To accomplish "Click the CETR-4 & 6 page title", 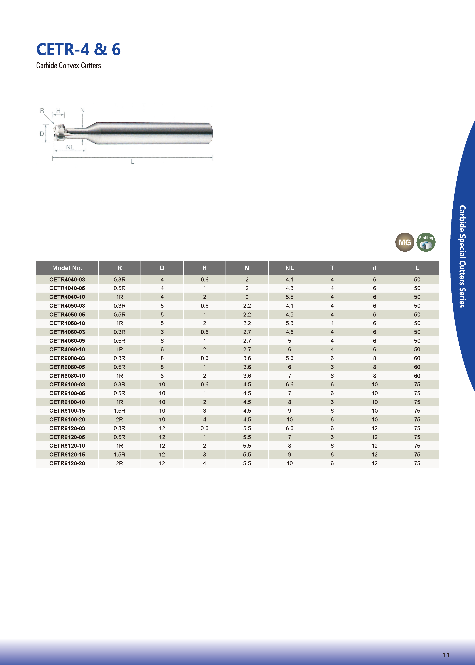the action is click(78, 49).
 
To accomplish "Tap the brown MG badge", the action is click(405, 242).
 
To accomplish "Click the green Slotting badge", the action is click(426, 242).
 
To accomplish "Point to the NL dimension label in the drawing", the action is click(70, 147).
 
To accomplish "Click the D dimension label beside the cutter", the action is click(42, 134).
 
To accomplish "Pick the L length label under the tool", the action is click(132, 161).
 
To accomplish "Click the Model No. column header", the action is click(67, 268).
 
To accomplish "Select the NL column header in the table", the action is click(289, 268).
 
